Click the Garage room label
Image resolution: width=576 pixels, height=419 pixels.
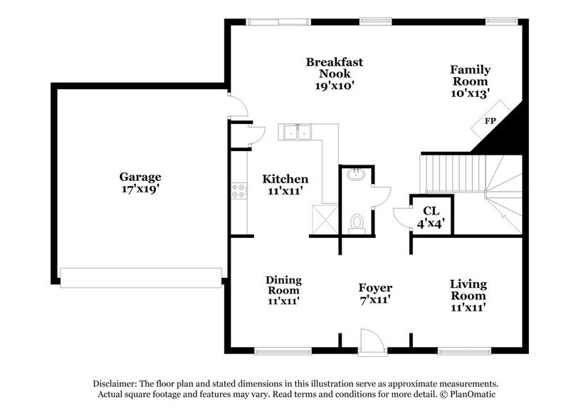click(140, 177)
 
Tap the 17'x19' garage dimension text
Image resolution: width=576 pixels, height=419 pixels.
click(140, 190)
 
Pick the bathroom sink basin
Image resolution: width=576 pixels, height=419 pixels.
click(355, 175)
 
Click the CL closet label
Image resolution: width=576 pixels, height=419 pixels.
click(430, 210)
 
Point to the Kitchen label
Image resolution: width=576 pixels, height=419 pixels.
click(285, 179)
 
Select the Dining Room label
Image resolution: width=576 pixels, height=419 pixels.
click(283, 285)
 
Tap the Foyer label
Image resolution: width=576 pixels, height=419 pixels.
click(375, 288)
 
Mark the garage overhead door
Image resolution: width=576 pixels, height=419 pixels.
click(140, 278)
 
